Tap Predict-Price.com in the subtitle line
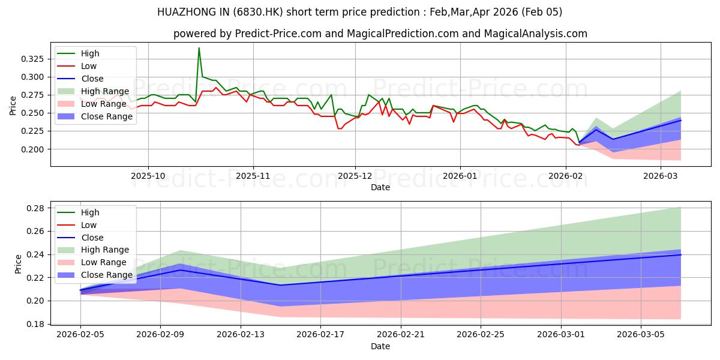pos(271,34)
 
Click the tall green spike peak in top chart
pos(199,48)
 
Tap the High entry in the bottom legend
pos(90,212)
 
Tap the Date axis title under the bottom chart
pos(380,347)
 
